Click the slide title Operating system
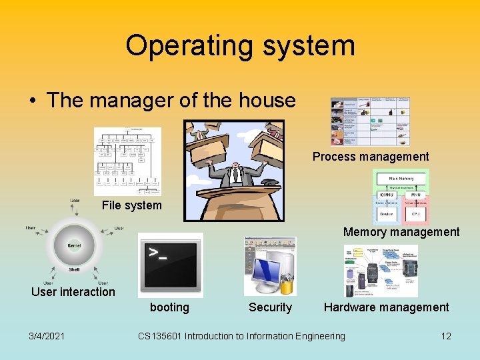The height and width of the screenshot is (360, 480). click(x=240, y=46)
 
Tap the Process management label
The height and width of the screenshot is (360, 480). click(x=371, y=157)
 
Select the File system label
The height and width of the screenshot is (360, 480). click(x=131, y=205)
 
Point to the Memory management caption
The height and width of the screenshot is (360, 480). click(x=401, y=232)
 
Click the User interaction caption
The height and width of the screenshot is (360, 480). click(x=73, y=292)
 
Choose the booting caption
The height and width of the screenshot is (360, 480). click(x=169, y=307)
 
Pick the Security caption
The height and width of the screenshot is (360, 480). click(x=270, y=307)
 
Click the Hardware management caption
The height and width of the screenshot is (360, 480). click(x=386, y=307)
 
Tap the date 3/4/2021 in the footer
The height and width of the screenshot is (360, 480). click(x=47, y=336)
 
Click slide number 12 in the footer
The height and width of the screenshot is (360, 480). click(x=446, y=336)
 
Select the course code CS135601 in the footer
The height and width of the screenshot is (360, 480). click(x=159, y=336)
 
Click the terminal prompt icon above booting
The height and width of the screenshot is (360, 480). click(x=171, y=265)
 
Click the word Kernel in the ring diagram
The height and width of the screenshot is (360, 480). click(x=74, y=245)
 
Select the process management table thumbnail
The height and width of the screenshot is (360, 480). click(x=370, y=121)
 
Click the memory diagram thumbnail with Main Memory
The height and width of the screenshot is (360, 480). click(x=401, y=197)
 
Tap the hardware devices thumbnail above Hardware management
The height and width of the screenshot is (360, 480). click(x=381, y=271)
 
